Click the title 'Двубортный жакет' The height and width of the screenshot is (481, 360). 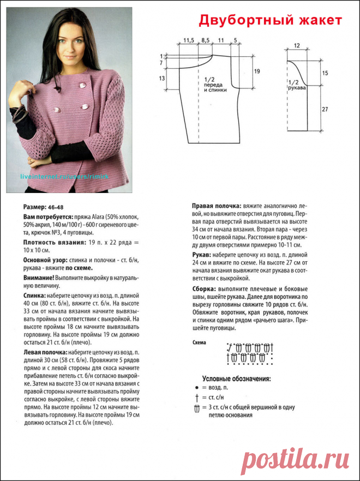[x=270, y=21]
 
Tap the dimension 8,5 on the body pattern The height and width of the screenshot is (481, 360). [x=206, y=40]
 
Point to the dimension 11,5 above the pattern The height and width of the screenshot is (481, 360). [x=189, y=40]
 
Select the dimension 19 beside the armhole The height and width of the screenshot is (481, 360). [x=257, y=71]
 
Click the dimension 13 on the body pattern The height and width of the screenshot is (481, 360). [x=162, y=79]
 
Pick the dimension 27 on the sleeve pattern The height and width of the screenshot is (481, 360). [x=325, y=110]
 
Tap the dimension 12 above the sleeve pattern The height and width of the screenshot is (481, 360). [x=297, y=45]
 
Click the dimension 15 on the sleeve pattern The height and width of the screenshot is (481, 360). [x=325, y=73]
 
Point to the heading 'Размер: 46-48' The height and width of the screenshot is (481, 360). [x=43, y=207]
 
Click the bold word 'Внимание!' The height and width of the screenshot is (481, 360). [x=38, y=278]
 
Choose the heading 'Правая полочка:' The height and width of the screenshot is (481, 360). [x=217, y=206]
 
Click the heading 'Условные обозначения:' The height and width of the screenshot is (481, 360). [x=237, y=378]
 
